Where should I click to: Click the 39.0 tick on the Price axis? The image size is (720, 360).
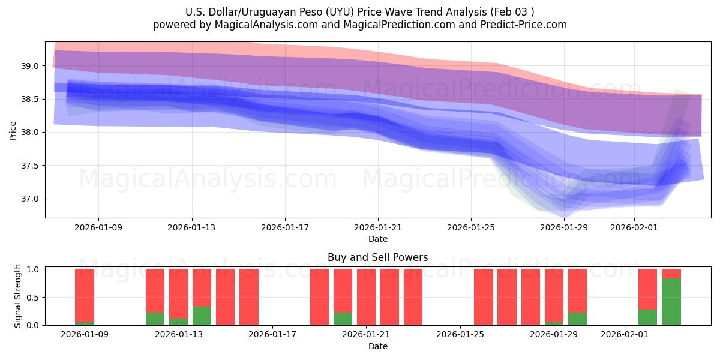click(x=31, y=66)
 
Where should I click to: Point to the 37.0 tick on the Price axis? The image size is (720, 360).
click(x=31, y=199)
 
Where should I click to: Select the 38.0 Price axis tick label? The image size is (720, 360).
click(x=31, y=132)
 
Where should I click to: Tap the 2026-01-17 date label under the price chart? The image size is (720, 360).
click(x=284, y=227)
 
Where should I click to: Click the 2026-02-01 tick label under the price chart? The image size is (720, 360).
click(x=634, y=227)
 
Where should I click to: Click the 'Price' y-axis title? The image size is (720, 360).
click(x=13, y=130)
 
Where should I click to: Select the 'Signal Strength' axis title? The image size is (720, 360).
click(x=18, y=296)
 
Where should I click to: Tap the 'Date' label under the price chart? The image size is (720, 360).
click(x=377, y=239)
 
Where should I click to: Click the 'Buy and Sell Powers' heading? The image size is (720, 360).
click(x=377, y=257)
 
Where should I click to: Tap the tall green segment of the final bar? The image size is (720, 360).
click(x=671, y=302)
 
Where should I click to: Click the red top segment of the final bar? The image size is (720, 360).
click(x=671, y=274)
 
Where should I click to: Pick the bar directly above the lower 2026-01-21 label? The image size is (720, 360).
click(x=366, y=297)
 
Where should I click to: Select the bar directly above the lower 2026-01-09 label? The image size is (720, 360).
click(x=85, y=297)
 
